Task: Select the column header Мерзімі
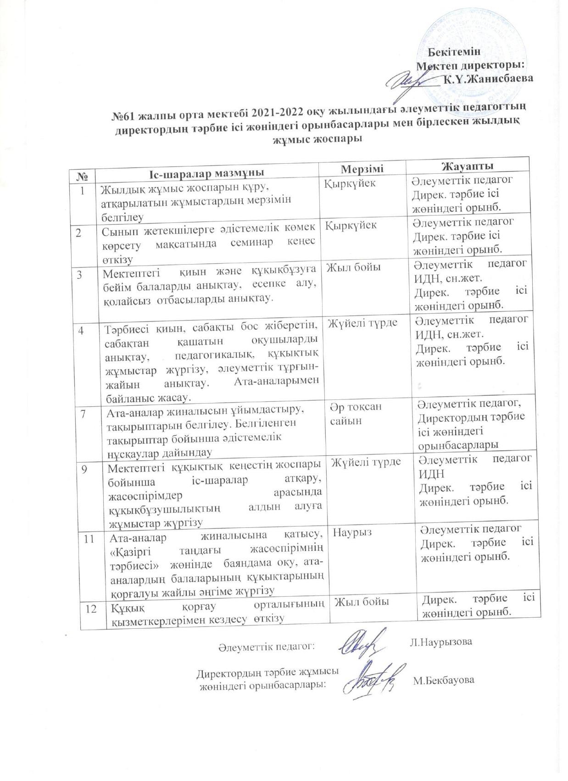point(362,169)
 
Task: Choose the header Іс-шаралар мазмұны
point(207,173)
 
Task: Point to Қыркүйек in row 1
point(351,183)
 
